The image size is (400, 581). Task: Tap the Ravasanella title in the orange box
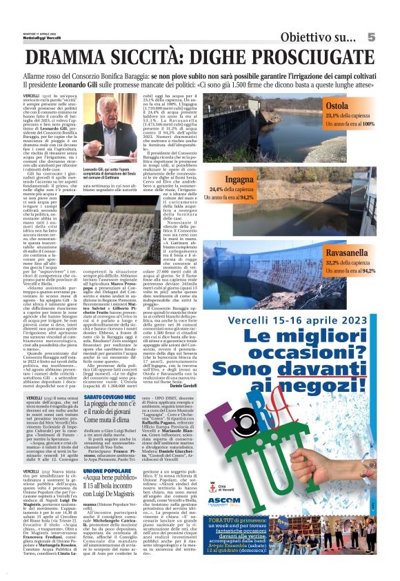(351, 253)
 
